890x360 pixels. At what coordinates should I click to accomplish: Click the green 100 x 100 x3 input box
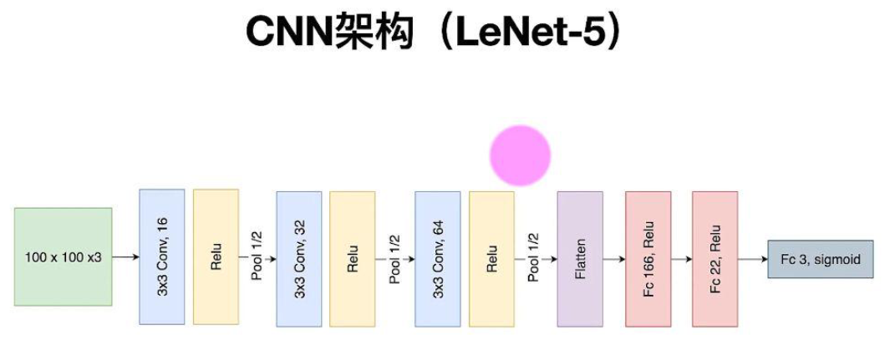point(63,257)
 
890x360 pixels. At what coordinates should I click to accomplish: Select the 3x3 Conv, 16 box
point(162,256)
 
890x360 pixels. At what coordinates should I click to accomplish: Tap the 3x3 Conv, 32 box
point(298,258)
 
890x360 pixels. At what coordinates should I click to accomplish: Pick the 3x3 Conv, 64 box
point(437,258)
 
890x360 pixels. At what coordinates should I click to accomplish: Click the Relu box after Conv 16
point(216,256)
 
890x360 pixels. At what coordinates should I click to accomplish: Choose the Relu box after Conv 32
point(353,258)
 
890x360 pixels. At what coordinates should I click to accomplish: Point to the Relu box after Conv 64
point(491,258)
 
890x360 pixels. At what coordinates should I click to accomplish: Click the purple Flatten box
point(580,258)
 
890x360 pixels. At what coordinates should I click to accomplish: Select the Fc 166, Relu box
point(648,258)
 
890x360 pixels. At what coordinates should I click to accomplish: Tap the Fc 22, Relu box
point(715,258)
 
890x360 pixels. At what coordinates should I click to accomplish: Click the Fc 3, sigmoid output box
point(821,258)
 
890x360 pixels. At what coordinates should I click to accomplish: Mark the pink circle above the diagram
point(520,155)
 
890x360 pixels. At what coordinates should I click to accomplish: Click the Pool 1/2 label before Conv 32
point(257,256)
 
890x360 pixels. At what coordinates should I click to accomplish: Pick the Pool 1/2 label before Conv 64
point(394,258)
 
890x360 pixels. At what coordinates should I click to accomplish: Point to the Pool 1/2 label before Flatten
point(533,258)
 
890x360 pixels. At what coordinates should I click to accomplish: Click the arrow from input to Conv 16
point(125,257)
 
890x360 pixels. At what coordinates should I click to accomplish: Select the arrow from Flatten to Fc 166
point(613,259)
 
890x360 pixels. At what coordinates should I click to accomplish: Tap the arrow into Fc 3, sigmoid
point(753,259)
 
